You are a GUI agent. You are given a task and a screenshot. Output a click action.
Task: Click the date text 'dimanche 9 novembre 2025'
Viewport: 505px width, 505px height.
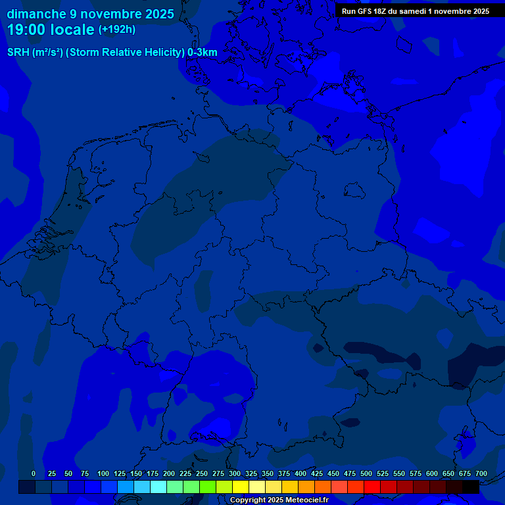pyautogui.click(x=90, y=14)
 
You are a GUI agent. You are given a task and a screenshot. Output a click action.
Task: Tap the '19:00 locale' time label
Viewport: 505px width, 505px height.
pyautogui.click(x=51, y=30)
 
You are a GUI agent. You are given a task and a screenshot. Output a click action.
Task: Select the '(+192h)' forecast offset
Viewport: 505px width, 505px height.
pyautogui.click(x=117, y=30)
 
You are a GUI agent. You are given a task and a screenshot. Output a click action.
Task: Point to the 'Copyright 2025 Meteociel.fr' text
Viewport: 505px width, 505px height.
pyautogui.click(x=279, y=500)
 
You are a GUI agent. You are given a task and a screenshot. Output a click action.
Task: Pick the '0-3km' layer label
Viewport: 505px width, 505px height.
pyautogui.click(x=203, y=53)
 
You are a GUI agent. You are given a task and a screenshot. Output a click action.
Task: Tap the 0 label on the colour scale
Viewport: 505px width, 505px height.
pyautogui.click(x=34, y=473)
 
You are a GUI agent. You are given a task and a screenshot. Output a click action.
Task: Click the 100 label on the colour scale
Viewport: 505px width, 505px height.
pyautogui.click(x=103, y=473)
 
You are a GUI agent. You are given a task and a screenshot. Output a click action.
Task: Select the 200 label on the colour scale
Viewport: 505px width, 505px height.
pyautogui.click(x=169, y=473)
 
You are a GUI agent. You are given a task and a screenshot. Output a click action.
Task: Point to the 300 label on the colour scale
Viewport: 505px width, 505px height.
pyautogui.click(x=235, y=473)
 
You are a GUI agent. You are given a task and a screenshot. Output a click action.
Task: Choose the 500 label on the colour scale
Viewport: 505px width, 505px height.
pyautogui.click(x=366, y=473)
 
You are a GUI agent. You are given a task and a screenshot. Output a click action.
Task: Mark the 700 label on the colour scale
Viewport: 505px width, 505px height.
pyautogui.click(x=481, y=473)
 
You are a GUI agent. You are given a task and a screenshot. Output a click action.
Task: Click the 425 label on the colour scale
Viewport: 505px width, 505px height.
pyautogui.click(x=317, y=473)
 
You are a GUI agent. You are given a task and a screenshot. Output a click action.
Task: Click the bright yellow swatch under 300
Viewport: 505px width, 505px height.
pyautogui.click(x=241, y=487)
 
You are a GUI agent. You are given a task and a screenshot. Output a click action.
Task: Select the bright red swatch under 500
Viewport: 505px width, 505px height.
pyautogui.click(x=372, y=487)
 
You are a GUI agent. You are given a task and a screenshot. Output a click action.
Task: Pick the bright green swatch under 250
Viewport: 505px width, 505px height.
pyautogui.click(x=208, y=487)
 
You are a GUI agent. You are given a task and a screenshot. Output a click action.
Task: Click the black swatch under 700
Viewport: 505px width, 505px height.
pyautogui.click(x=471, y=487)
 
